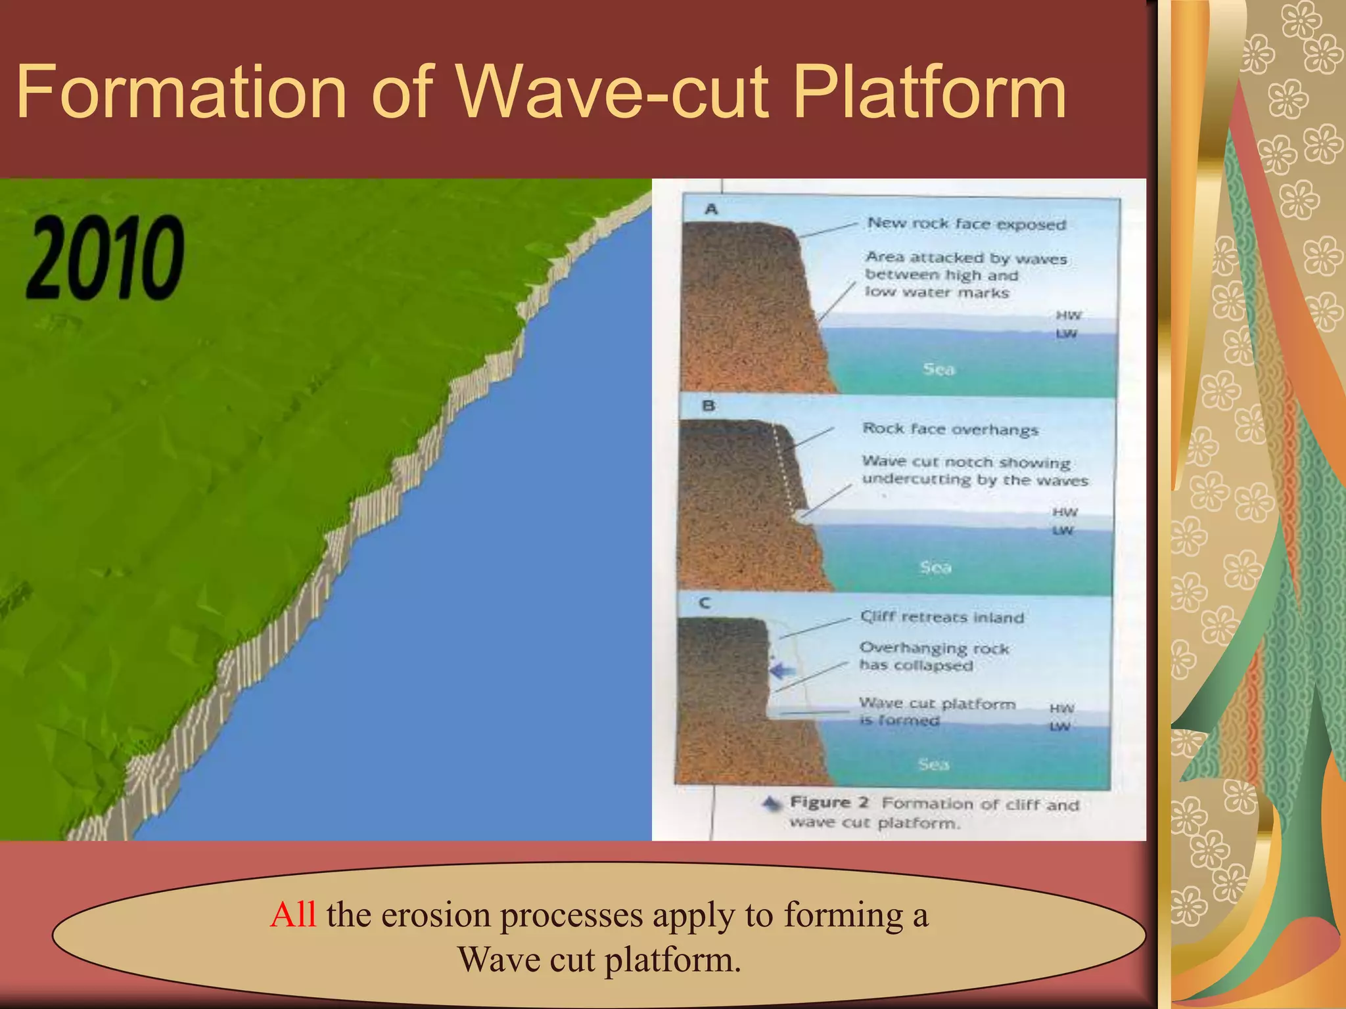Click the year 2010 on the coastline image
(x=105, y=258)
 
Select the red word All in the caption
(x=293, y=914)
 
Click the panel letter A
(x=711, y=210)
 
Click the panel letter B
(x=708, y=406)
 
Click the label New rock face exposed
(x=966, y=224)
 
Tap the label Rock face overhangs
(x=950, y=429)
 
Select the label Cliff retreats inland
(x=942, y=617)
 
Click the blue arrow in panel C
(x=782, y=671)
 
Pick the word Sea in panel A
(x=939, y=369)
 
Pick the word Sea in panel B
(x=935, y=567)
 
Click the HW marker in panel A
(x=1068, y=315)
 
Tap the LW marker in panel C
(x=1059, y=727)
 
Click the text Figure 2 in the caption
(x=829, y=803)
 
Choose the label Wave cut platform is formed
(x=937, y=711)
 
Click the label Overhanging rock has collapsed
(x=933, y=656)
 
